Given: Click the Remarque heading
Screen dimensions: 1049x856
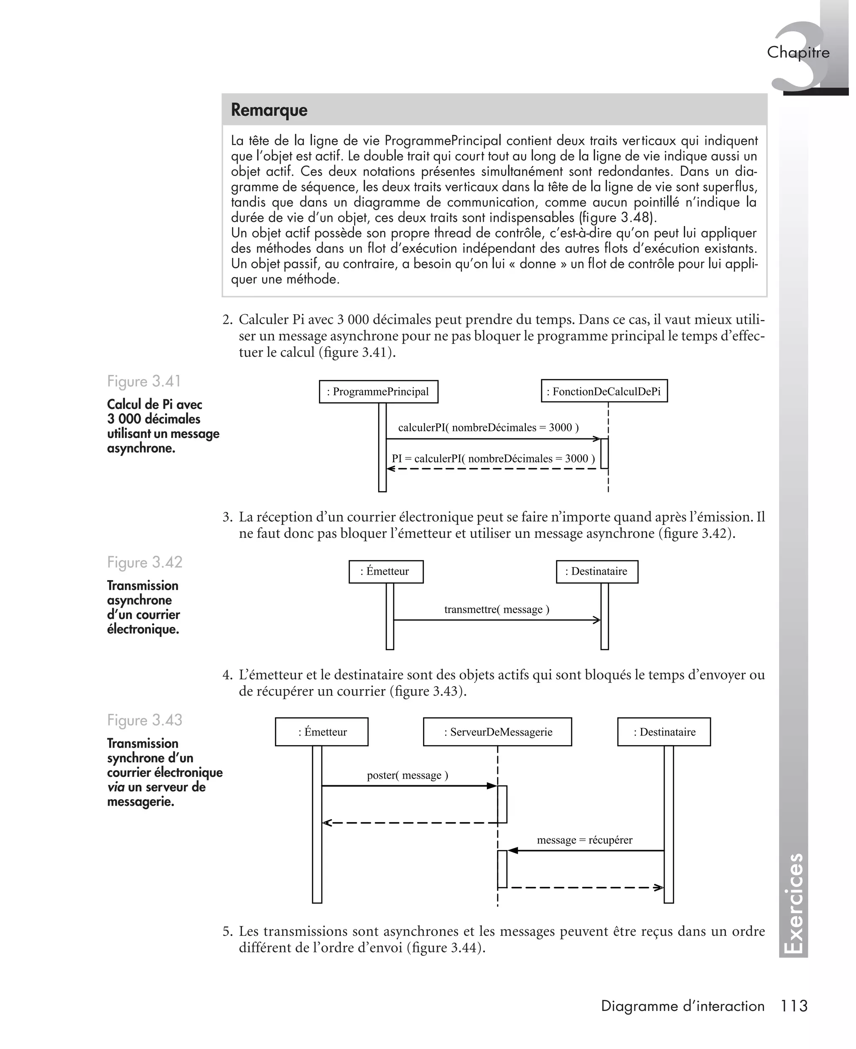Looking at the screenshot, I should (269, 110).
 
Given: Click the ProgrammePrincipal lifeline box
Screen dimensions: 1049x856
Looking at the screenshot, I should (378, 392).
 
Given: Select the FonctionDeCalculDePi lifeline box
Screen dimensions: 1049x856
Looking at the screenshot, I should (604, 392).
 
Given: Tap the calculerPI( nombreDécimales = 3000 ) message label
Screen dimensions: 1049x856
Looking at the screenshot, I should (488, 428).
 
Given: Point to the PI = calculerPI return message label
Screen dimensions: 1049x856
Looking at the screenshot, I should (493, 458).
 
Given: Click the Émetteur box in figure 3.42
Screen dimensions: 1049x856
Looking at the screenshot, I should (386, 572).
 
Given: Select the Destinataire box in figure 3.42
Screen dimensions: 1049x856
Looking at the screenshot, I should (596, 572).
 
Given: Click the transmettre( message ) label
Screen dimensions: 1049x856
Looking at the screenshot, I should (497, 610).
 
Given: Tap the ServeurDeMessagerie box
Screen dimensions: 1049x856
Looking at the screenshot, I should (497, 732).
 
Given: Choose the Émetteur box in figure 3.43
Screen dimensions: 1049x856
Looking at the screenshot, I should (321, 732).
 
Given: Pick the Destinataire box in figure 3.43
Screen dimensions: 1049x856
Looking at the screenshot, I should (664, 732).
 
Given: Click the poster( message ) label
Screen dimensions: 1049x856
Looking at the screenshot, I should (407, 775).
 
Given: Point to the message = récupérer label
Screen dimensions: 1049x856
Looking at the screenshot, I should (584, 840).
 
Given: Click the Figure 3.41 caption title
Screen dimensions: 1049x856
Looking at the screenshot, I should (144, 382).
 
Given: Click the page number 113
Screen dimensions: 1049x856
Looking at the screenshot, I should (794, 1006).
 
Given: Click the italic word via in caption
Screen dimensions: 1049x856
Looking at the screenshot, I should (115, 787).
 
